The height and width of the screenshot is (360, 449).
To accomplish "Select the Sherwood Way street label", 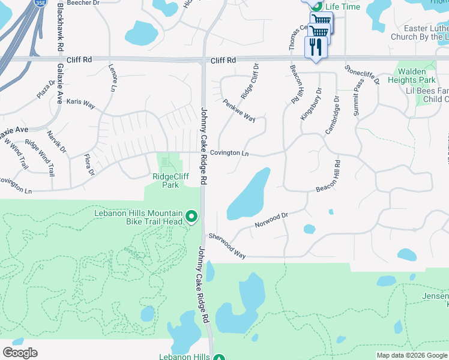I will [x=227, y=246].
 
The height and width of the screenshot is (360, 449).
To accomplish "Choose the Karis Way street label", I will [x=80, y=104].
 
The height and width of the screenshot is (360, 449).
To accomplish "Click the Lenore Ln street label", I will [x=112, y=79].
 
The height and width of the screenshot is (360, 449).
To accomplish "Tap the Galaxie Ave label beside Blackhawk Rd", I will [x=59, y=83].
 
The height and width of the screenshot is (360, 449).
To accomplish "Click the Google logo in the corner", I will [x=20, y=353].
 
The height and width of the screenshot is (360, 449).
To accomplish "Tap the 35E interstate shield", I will [x=40, y=2].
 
